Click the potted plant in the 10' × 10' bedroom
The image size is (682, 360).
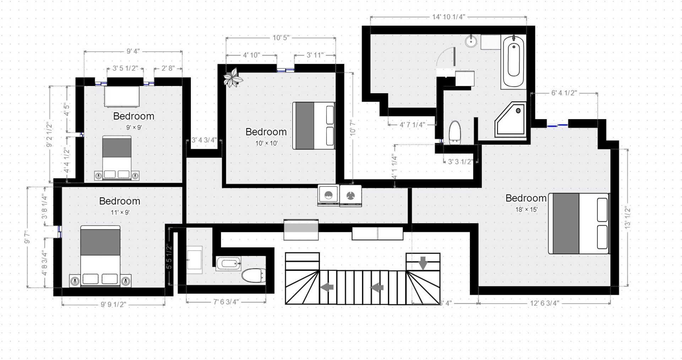pos(233,77)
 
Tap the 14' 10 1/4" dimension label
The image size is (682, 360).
pos(448,17)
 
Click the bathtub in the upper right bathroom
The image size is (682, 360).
pos(513,61)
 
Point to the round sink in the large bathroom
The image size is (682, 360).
pos(471,41)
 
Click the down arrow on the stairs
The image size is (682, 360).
pos(423,263)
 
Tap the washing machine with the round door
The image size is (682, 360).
pos(329,195)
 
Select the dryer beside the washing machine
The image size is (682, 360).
pos(351,195)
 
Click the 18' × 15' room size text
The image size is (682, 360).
pos(526,210)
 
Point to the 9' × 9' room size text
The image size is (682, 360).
pos(134,127)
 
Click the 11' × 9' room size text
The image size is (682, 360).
pos(120,213)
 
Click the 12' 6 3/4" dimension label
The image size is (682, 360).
pos(545,303)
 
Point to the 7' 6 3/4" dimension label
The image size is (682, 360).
pos(226,302)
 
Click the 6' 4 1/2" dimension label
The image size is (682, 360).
pos(564,93)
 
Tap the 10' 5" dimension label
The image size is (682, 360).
pos(281,37)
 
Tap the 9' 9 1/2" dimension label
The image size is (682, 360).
pos(113,305)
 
